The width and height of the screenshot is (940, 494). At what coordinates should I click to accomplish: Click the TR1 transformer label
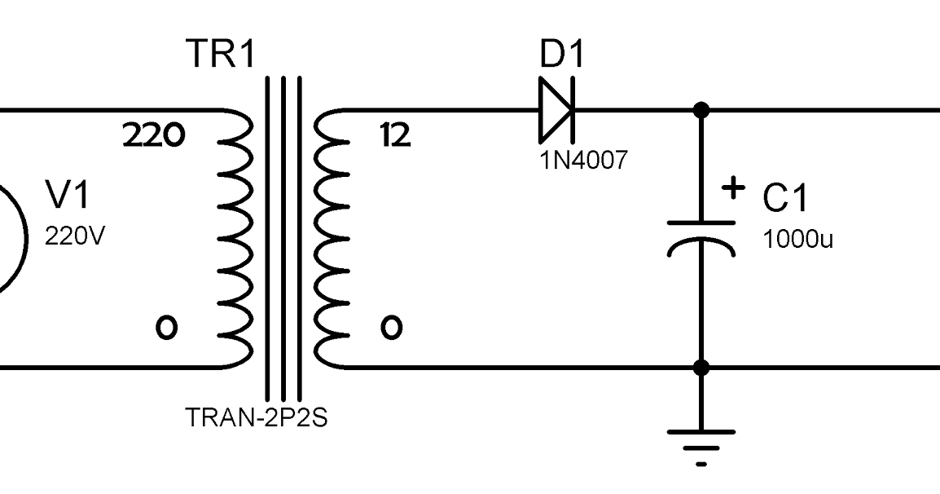(x=221, y=55)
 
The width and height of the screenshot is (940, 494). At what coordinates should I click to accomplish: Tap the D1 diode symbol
(x=556, y=108)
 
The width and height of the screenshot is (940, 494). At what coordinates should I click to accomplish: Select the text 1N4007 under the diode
(x=583, y=160)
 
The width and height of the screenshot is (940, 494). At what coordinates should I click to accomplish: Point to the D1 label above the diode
(x=562, y=55)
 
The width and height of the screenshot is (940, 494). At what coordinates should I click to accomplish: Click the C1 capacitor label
(x=785, y=199)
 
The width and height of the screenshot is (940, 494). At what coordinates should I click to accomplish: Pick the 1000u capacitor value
(x=797, y=240)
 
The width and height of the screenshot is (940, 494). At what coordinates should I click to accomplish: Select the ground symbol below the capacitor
(x=701, y=444)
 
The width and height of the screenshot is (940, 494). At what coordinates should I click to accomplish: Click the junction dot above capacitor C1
(x=701, y=109)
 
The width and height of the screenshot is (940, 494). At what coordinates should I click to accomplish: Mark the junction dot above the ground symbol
(x=701, y=368)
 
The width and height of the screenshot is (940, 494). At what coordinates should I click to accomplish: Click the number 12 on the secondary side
(x=395, y=135)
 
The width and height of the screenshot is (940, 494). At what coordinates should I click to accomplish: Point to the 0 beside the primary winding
(x=166, y=328)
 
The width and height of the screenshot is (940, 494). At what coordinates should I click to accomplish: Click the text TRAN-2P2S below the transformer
(x=257, y=419)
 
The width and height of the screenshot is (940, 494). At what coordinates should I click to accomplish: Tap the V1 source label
(x=68, y=196)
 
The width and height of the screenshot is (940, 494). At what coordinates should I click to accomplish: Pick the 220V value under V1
(x=75, y=236)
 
